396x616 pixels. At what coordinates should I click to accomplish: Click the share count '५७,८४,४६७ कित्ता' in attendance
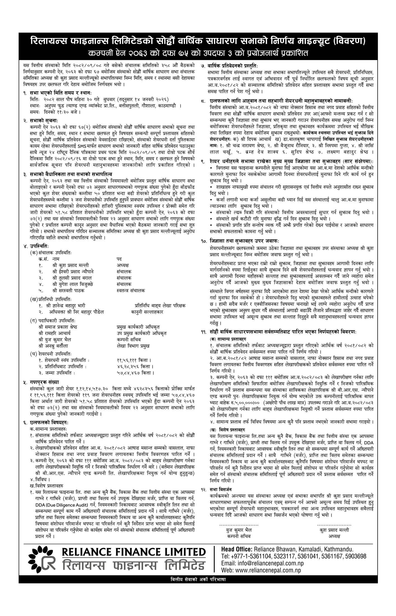click(x=136, y=373)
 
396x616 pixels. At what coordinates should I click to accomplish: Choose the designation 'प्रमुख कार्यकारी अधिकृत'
click(x=138, y=327)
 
